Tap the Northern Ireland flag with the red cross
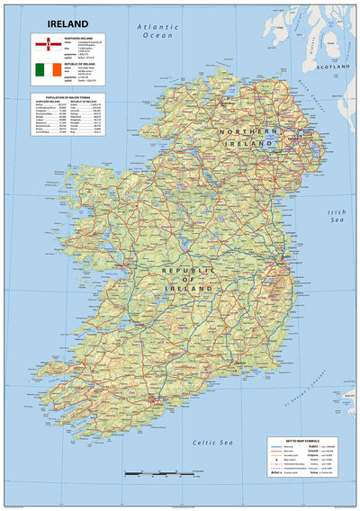tap(44, 44)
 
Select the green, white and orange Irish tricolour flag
tap(44, 69)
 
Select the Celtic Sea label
tap(213, 442)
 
